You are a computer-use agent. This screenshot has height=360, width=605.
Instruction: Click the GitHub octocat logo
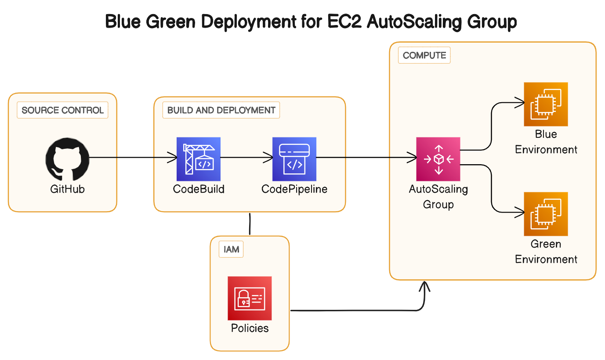coord(67,159)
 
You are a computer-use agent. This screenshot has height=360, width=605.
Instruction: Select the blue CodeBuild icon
coord(199,159)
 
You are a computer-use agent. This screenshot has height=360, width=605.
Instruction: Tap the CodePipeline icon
coord(294,159)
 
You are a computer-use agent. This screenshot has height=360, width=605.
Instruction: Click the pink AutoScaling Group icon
coord(438,159)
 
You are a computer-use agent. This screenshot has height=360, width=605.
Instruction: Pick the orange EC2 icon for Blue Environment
coord(546,104)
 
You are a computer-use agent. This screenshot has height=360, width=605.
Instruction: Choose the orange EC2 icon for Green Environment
coord(546,214)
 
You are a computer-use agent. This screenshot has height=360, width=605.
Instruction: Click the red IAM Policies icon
coord(250,298)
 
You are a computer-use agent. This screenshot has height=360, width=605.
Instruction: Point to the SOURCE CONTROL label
coord(62,110)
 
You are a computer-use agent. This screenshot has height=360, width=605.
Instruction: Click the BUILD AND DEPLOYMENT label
coord(221,110)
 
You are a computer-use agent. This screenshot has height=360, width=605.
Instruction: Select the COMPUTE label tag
coord(424,55)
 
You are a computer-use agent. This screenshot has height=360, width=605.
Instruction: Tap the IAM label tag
coord(231,249)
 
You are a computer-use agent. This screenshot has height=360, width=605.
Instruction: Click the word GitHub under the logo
coord(67,189)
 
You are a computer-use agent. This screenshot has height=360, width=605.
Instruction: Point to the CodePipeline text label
coord(294,189)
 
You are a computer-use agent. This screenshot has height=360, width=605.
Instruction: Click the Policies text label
coord(250,328)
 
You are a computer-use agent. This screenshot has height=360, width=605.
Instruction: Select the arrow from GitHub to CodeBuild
coord(133,157)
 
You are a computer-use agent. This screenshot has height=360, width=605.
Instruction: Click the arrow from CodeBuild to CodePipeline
coord(246,157)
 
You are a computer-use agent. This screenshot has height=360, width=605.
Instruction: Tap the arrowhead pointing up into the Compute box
coord(424,286)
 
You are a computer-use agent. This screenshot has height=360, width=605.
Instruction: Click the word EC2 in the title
coord(344,22)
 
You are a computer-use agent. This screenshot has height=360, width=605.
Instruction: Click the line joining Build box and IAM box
coord(250,224)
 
